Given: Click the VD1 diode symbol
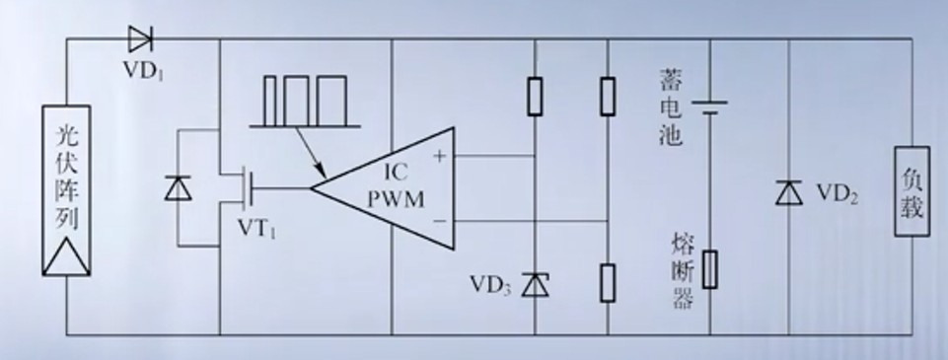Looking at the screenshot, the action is (x=140, y=39).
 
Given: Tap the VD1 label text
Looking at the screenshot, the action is (x=143, y=69).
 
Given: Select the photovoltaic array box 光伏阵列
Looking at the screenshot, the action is (x=66, y=191).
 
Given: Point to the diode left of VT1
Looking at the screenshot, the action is (x=178, y=187).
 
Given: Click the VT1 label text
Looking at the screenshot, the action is (x=256, y=228).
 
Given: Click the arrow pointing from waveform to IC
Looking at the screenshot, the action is (x=310, y=152).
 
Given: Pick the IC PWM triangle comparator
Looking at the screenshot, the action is (x=383, y=187).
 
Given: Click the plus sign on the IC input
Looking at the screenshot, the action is (x=440, y=157).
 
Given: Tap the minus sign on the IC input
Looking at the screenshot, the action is (x=440, y=221).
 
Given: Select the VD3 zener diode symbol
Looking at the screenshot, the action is (x=535, y=284).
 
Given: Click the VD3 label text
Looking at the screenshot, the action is (x=491, y=285).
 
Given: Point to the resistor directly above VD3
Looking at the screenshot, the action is (x=535, y=96).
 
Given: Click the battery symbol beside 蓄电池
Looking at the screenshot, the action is (x=710, y=107).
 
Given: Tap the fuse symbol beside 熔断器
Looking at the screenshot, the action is (x=710, y=269).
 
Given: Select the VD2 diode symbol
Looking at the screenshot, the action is (x=789, y=192).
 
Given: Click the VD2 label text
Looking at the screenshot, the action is (x=838, y=193).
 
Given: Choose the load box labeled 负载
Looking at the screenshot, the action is (x=912, y=191).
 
